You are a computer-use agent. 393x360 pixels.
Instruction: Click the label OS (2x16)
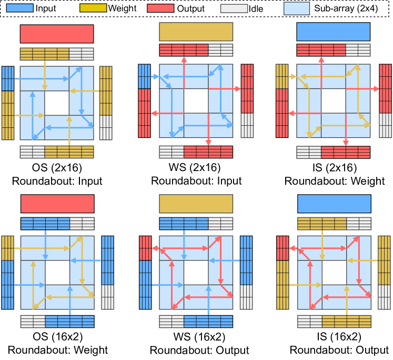click(x=57, y=168)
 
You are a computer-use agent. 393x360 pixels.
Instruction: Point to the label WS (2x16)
click(x=196, y=168)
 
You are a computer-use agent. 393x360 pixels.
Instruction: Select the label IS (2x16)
click(x=334, y=168)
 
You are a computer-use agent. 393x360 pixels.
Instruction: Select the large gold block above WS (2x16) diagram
click(x=196, y=32)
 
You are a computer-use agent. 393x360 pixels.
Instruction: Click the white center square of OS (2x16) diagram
click(x=57, y=102)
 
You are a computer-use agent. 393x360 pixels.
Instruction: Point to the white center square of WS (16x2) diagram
click(x=196, y=272)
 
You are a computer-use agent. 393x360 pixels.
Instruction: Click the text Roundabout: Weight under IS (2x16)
click(x=334, y=181)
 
